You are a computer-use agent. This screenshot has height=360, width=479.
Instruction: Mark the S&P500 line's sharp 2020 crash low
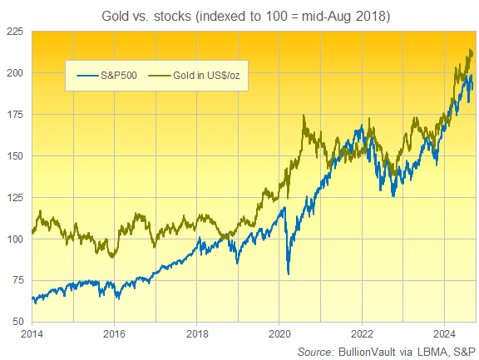click(289, 274)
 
